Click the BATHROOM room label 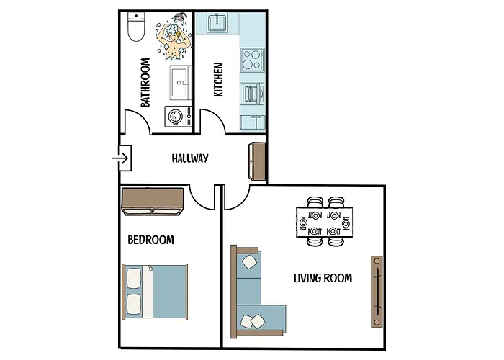click(x=145, y=83)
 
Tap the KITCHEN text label click(x=218, y=80)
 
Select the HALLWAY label click(x=190, y=158)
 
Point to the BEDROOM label click(x=150, y=240)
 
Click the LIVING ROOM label click(x=323, y=277)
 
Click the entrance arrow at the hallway click(x=120, y=157)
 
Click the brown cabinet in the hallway click(x=258, y=160)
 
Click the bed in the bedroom click(x=156, y=291)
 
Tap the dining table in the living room click(x=325, y=222)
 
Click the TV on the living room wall click(x=377, y=291)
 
